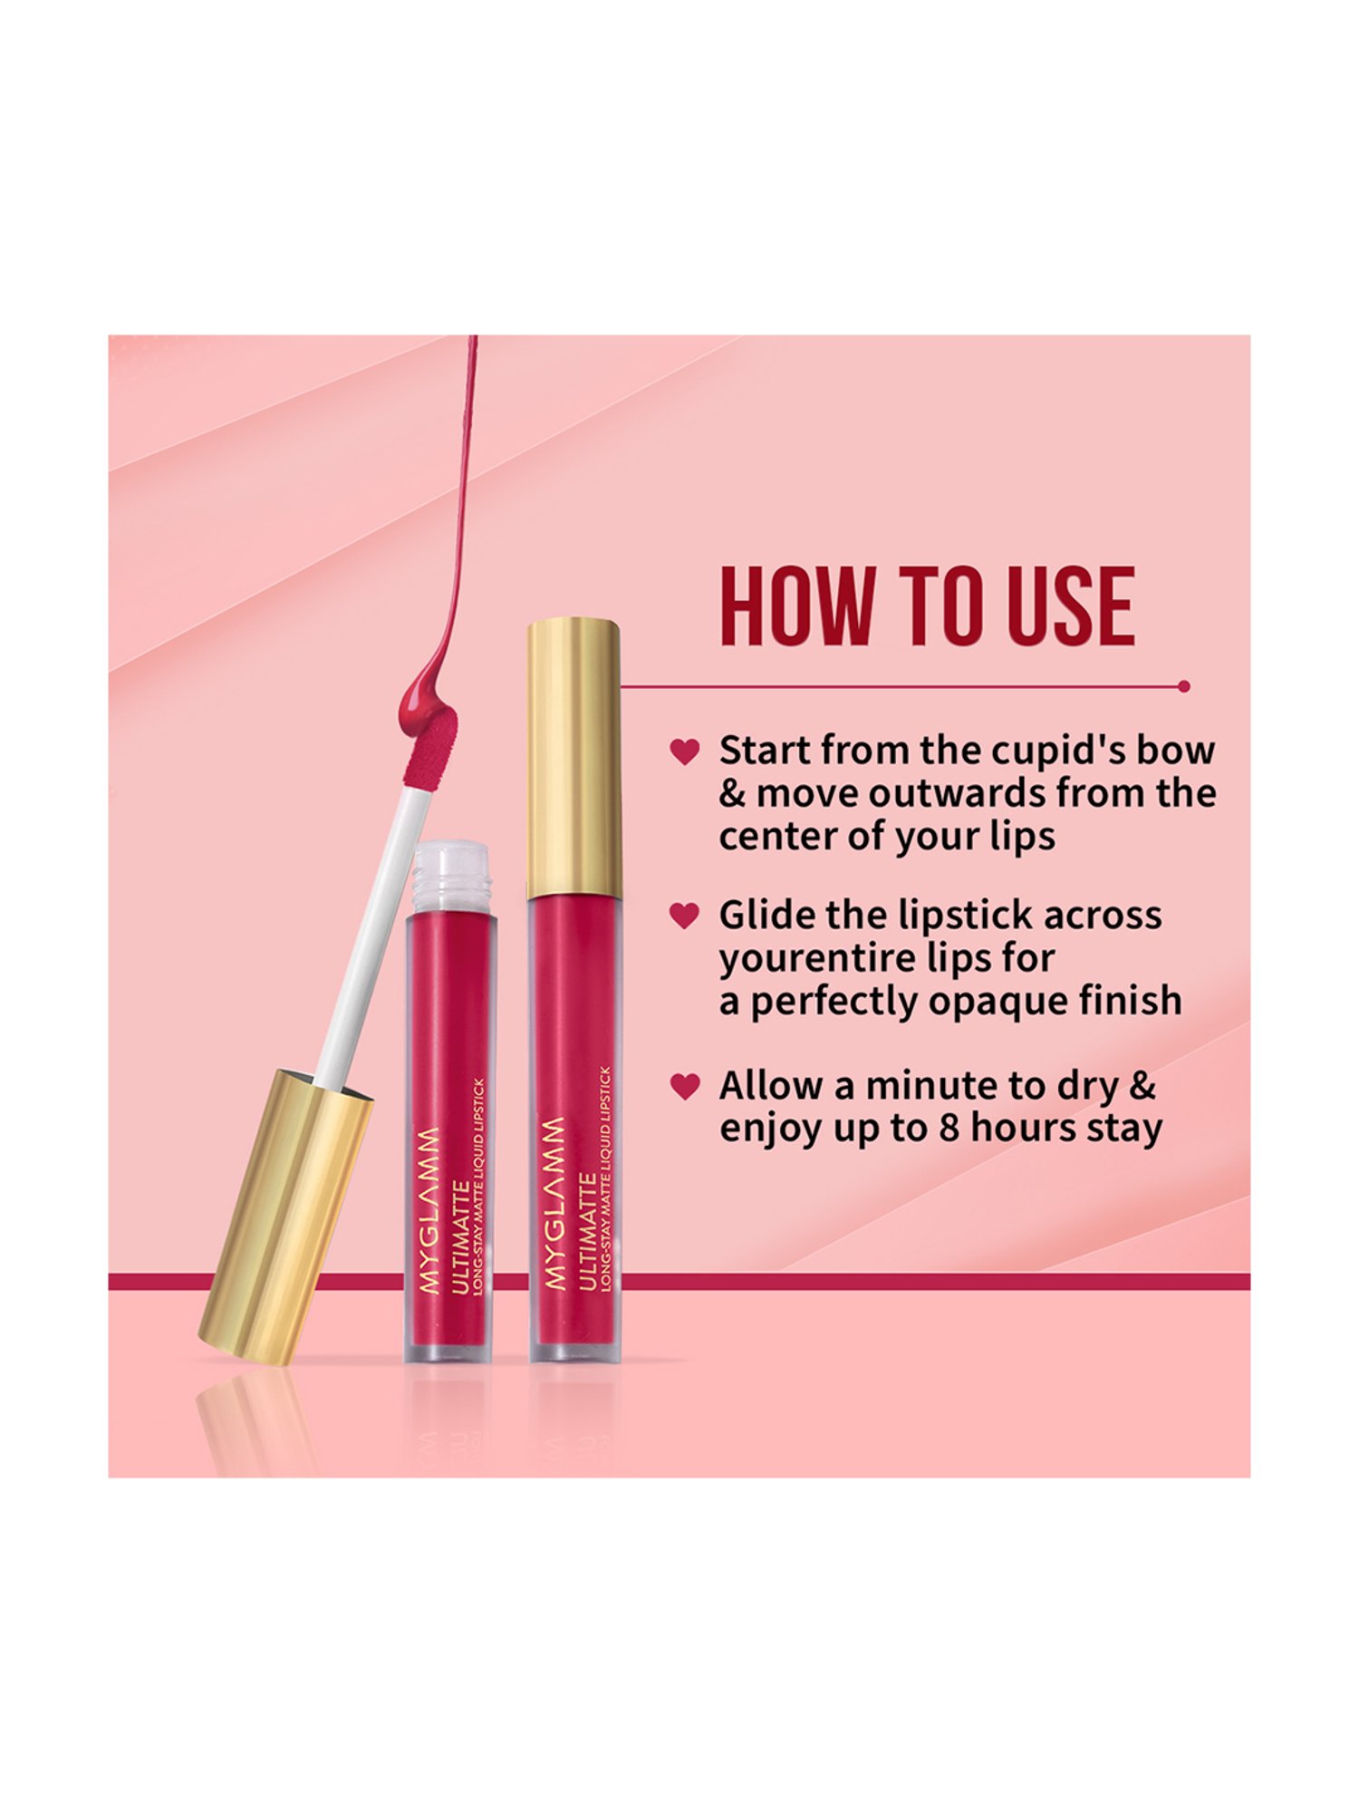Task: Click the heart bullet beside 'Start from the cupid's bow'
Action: pos(684,751)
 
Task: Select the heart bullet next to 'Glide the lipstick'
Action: pos(684,916)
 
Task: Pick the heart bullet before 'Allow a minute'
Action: pos(684,1086)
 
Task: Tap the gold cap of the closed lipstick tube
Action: pos(573,757)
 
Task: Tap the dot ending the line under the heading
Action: pos(1183,687)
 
